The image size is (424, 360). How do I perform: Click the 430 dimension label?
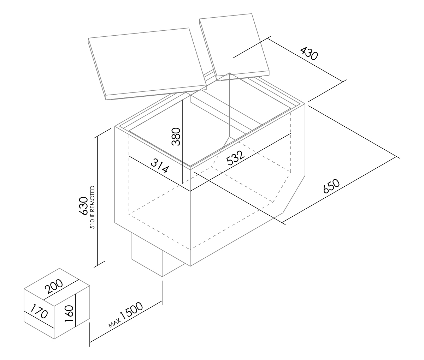tap(309, 54)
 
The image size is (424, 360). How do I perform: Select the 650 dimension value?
tap(331, 186)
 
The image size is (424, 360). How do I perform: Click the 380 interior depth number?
tap(176, 137)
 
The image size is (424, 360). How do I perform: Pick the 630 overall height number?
tap(83, 206)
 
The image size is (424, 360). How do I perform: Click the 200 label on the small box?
tap(54, 286)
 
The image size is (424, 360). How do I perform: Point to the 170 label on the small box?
tap(39, 311)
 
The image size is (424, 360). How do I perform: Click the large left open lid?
tap(147, 64)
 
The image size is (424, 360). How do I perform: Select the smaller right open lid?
tap(234, 47)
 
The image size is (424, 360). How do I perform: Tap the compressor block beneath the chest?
tap(158, 255)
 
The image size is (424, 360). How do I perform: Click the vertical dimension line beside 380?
tap(182, 142)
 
